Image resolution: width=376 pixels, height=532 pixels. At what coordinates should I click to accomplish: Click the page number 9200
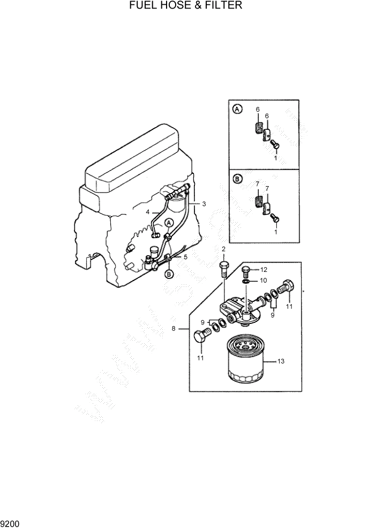click(10, 522)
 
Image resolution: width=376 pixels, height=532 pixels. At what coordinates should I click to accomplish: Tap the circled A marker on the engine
click(168, 222)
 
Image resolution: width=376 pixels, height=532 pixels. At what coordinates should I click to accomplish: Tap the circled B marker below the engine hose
click(169, 274)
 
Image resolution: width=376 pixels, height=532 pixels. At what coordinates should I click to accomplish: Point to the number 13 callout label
click(280, 361)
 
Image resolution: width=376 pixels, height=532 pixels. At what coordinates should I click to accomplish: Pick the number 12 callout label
click(264, 269)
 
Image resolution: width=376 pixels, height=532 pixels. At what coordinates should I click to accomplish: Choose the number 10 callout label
click(263, 280)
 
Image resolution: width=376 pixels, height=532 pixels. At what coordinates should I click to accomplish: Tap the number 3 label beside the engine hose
click(204, 204)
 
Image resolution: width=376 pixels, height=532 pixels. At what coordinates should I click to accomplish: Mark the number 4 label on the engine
click(147, 212)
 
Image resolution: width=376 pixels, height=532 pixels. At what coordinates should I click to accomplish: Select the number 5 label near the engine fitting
click(185, 257)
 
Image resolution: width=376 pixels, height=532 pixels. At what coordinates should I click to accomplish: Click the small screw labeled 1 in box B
click(275, 217)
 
